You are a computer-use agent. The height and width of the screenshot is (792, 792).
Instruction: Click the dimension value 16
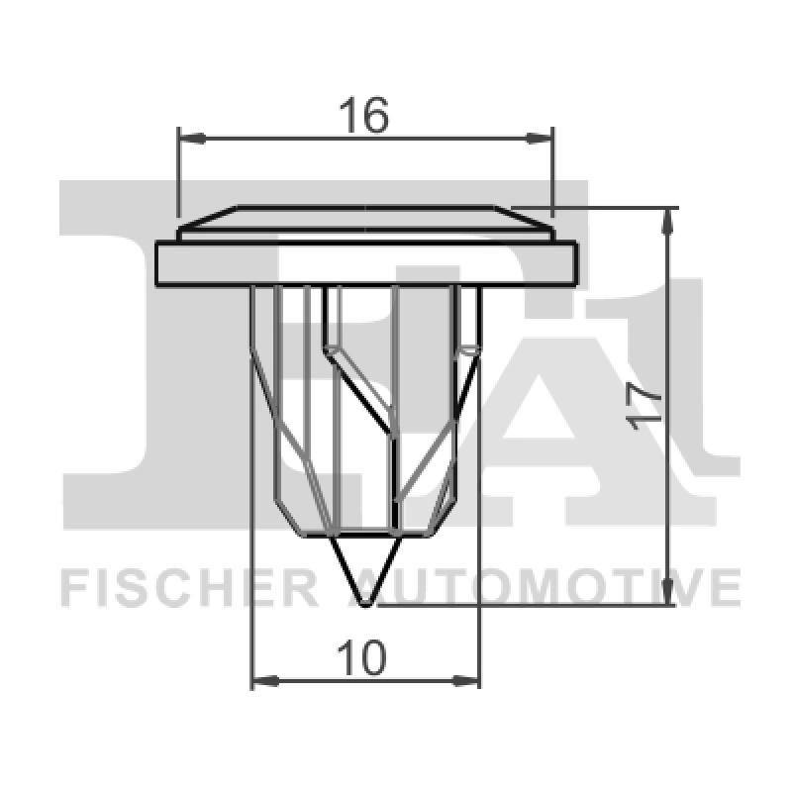point(363,117)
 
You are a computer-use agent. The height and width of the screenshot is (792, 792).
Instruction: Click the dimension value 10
point(362,658)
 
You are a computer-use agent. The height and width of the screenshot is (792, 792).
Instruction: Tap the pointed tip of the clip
point(365,600)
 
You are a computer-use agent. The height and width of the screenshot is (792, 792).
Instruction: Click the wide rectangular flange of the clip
point(365,264)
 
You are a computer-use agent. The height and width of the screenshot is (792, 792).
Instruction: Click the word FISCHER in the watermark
point(188,587)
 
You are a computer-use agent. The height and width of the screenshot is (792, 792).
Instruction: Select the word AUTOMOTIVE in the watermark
point(554,587)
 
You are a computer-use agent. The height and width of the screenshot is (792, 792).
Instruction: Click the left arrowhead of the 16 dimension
point(187,138)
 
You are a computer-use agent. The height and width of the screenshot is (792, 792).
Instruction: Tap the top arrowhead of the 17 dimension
point(672,220)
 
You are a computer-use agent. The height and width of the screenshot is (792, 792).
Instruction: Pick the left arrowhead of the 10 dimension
point(262,681)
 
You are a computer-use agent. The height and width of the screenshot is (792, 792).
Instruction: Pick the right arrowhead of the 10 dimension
point(469,681)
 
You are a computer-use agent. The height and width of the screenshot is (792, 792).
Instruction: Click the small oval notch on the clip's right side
point(469,349)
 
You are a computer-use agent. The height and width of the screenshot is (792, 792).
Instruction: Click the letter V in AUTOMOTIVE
point(694,587)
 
